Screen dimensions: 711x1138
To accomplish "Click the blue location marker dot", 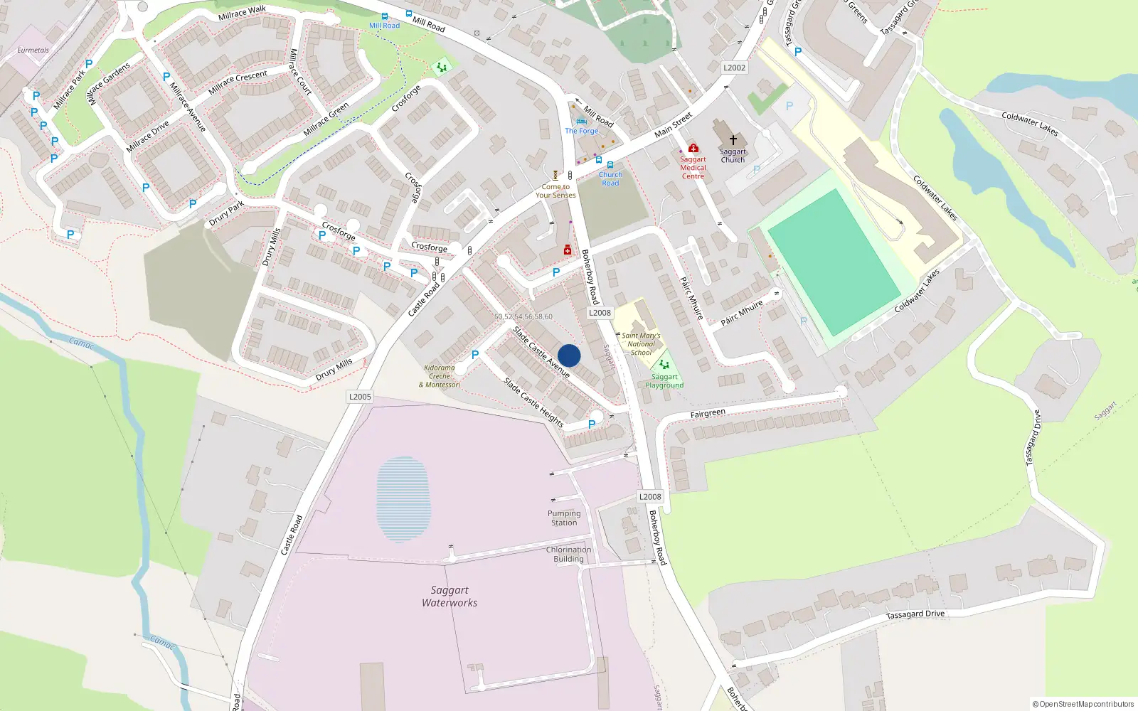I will [x=569, y=355].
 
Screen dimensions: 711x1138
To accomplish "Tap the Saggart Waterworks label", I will [x=450, y=597].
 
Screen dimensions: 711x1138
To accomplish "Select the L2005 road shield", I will [x=360, y=397].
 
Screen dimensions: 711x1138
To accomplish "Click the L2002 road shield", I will [x=734, y=68].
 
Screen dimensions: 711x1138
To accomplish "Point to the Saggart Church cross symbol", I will [x=733, y=140].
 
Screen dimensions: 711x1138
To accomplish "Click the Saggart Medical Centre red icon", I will [x=693, y=149].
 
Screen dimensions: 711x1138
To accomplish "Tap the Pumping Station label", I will [x=564, y=518].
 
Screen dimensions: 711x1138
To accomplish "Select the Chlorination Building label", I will [x=568, y=555].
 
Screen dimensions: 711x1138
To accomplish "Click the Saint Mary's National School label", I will [x=641, y=344].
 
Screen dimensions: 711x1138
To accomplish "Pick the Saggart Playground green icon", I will [x=664, y=365].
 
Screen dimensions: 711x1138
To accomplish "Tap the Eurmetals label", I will [x=33, y=50].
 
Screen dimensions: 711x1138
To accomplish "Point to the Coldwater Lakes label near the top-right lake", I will [x=1029, y=124].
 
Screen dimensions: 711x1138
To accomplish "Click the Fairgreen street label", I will [x=708, y=414].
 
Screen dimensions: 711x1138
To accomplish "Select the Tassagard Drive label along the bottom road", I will [x=915, y=614].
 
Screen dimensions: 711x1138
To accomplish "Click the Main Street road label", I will [x=673, y=125].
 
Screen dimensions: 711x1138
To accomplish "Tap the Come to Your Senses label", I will [x=555, y=191].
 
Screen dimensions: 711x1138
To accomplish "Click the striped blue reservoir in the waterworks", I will [x=403, y=499].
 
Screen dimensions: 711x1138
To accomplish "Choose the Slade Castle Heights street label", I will [x=533, y=402].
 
